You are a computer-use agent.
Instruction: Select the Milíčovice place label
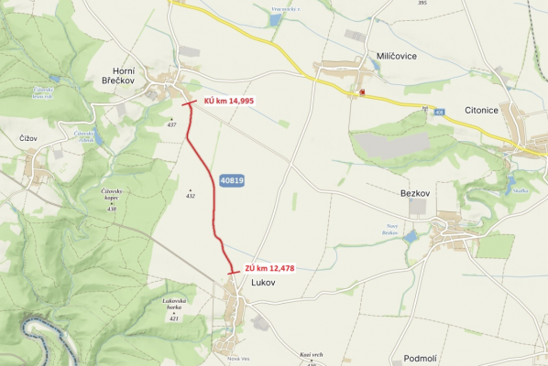(398, 56)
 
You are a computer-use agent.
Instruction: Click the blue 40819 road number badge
(232, 180)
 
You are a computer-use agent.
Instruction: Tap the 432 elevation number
(190, 196)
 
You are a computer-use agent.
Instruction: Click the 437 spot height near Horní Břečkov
(170, 125)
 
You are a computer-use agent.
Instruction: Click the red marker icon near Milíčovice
(363, 92)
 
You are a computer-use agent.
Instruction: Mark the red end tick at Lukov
(234, 273)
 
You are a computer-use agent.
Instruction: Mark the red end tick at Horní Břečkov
(188, 105)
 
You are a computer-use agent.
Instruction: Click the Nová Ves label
(239, 358)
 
